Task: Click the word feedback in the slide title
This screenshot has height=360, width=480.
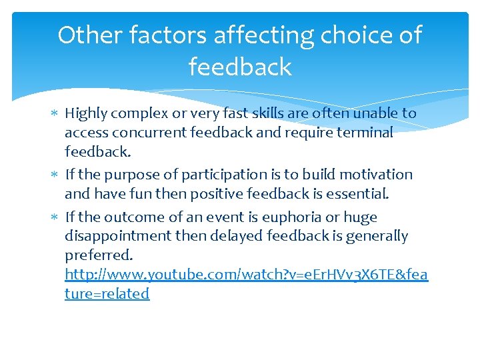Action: click(x=240, y=67)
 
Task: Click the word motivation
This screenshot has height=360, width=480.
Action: click(x=375, y=175)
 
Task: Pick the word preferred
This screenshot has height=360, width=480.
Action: click(x=98, y=255)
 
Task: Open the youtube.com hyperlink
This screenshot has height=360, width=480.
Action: click(x=246, y=274)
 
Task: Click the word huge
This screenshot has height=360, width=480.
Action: click(x=361, y=217)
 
